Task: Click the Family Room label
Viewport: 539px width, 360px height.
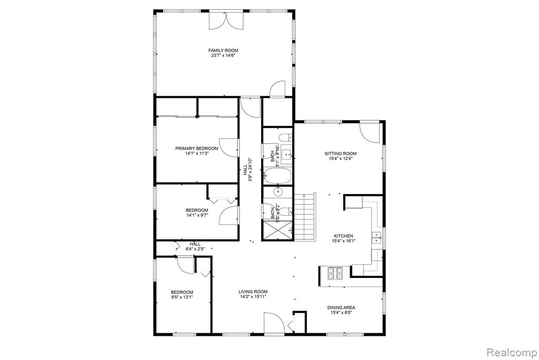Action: (223, 51)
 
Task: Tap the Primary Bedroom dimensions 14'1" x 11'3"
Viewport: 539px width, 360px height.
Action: (197, 153)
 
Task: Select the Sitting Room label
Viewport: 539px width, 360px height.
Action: (341, 154)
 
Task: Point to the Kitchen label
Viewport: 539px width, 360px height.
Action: (343, 236)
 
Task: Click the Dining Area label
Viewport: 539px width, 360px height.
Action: (341, 307)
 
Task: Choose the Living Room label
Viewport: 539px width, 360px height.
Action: (253, 292)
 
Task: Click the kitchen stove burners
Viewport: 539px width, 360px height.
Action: (335, 273)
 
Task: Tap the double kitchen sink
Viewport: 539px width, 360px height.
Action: (377, 237)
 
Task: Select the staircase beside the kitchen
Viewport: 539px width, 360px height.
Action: (305, 217)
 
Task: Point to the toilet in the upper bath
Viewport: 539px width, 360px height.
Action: (285, 138)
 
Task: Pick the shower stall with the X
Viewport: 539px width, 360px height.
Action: (277, 230)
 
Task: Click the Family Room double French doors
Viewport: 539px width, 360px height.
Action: (226, 20)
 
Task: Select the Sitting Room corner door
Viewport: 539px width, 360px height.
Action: (371, 132)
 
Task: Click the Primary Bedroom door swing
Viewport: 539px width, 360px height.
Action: (228, 148)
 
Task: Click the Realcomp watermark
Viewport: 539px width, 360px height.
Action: (512, 353)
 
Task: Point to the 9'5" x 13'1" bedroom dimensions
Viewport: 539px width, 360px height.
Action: (182, 297)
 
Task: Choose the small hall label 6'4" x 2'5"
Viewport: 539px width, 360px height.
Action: (195, 249)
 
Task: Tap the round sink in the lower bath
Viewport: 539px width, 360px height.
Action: (278, 192)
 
